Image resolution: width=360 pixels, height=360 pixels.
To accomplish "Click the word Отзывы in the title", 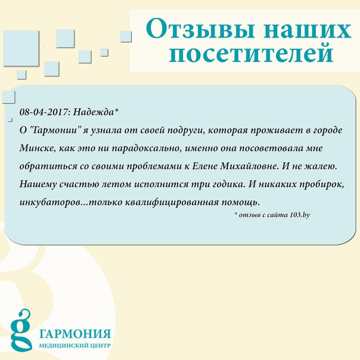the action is pyautogui.click(x=200, y=29).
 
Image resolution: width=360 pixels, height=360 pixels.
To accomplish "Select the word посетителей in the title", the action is pyautogui.click(x=251, y=53).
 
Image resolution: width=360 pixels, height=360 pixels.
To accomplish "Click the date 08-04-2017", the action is pyautogui.click(x=44, y=112).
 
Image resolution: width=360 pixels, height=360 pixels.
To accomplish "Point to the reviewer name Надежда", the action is pyautogui.click(x=94, y=112).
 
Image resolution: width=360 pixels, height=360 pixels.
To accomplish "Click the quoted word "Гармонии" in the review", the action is pyautogui.click(x=57, y=130).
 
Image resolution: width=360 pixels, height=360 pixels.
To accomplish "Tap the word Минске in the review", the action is pyautogui.click(x=38, y=148).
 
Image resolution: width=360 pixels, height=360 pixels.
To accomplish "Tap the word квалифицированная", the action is pyautogui.click(x=172, y=203).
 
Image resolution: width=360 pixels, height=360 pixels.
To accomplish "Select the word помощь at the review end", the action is pyautogui.click(x=241, y=203).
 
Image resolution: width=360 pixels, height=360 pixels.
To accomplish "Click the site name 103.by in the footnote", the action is pyautogui.click(x=300, y=215).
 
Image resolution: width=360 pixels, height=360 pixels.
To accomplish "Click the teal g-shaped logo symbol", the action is pyautogui.click(x=20, y=331).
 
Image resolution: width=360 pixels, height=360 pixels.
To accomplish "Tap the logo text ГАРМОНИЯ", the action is pyautogui.click(x=75, y=334).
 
